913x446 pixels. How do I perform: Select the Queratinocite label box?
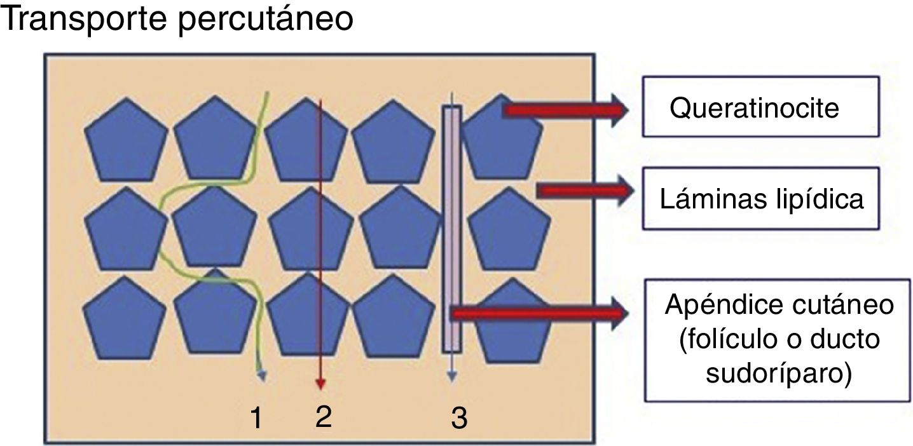pyautogui.click(x=760, y=107)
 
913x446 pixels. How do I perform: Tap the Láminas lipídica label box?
pyautogui.click(x=760, y=198)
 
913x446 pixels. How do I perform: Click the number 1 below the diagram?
pyautogui.click(x=257, y=418)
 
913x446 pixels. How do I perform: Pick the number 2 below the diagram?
pyautogui.click(x=323, y=417)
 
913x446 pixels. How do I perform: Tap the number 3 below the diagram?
pyautogui.click(x=458, y=418)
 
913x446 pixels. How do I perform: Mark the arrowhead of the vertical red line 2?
pyautogui.click(x=321, y=384)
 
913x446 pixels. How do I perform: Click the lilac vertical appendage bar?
pyautogui.click(x=451, y=229)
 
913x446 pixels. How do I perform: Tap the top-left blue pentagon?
pyautogui.click(x=127, y=140)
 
